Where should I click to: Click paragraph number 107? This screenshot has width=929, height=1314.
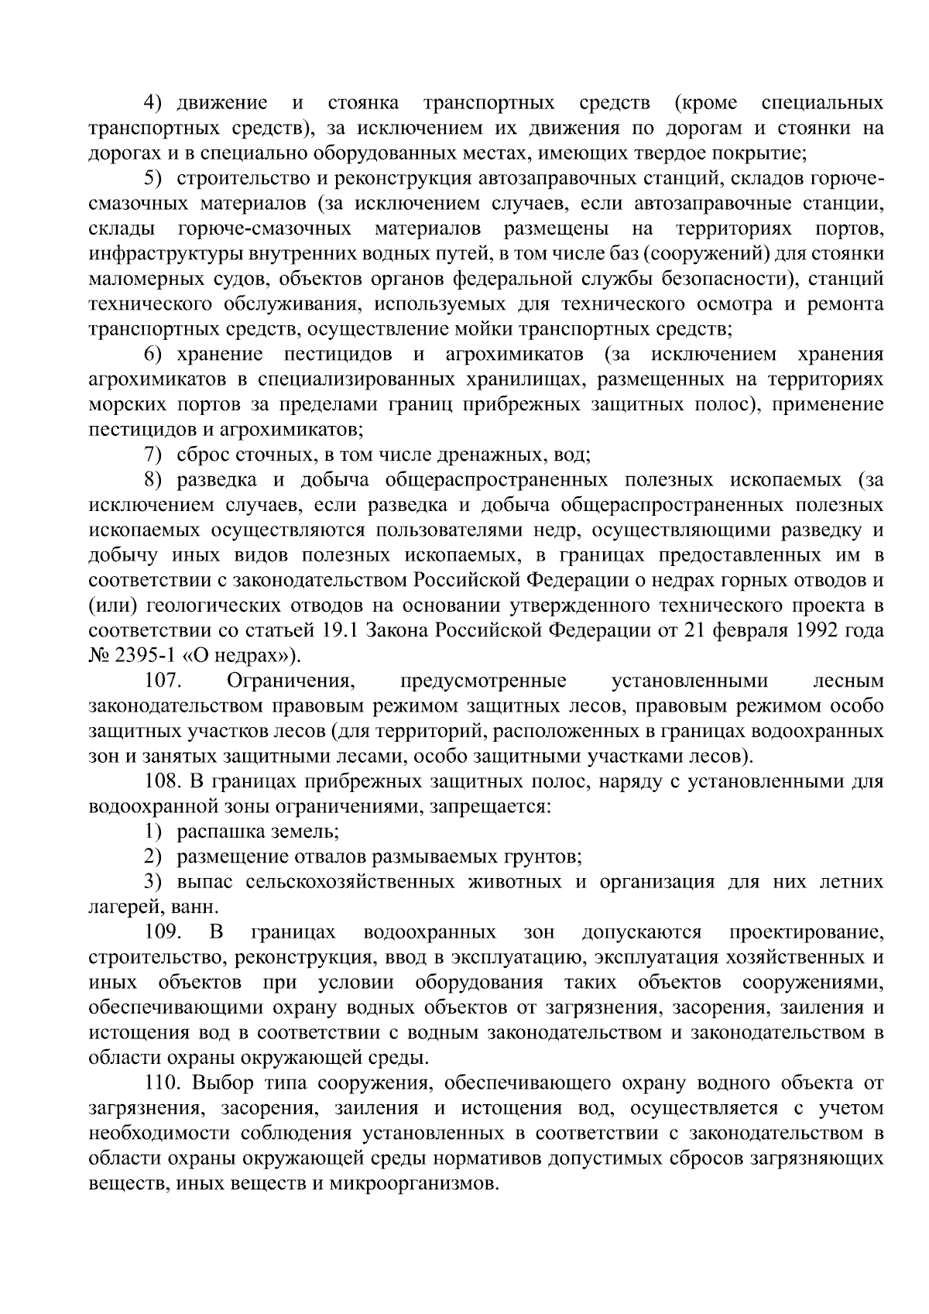pyautogui.click(x=162, y=681)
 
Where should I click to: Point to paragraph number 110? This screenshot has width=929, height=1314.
pyautogui.click(x=162, y=1082)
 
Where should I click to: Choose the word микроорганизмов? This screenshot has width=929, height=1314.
pyautogui.click(x=411, y=1184)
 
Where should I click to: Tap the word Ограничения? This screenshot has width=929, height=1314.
pyautogui.click(x=290, y=681)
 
